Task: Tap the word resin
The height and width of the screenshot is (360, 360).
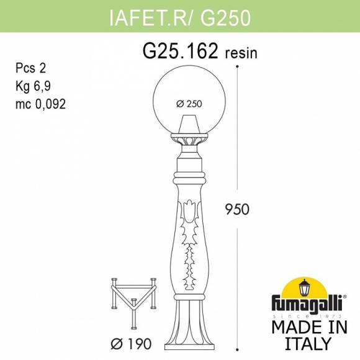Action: tap(240, 53)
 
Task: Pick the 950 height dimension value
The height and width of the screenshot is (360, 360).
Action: tap(237, 209)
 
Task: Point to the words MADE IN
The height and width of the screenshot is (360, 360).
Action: tap(305, 328)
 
